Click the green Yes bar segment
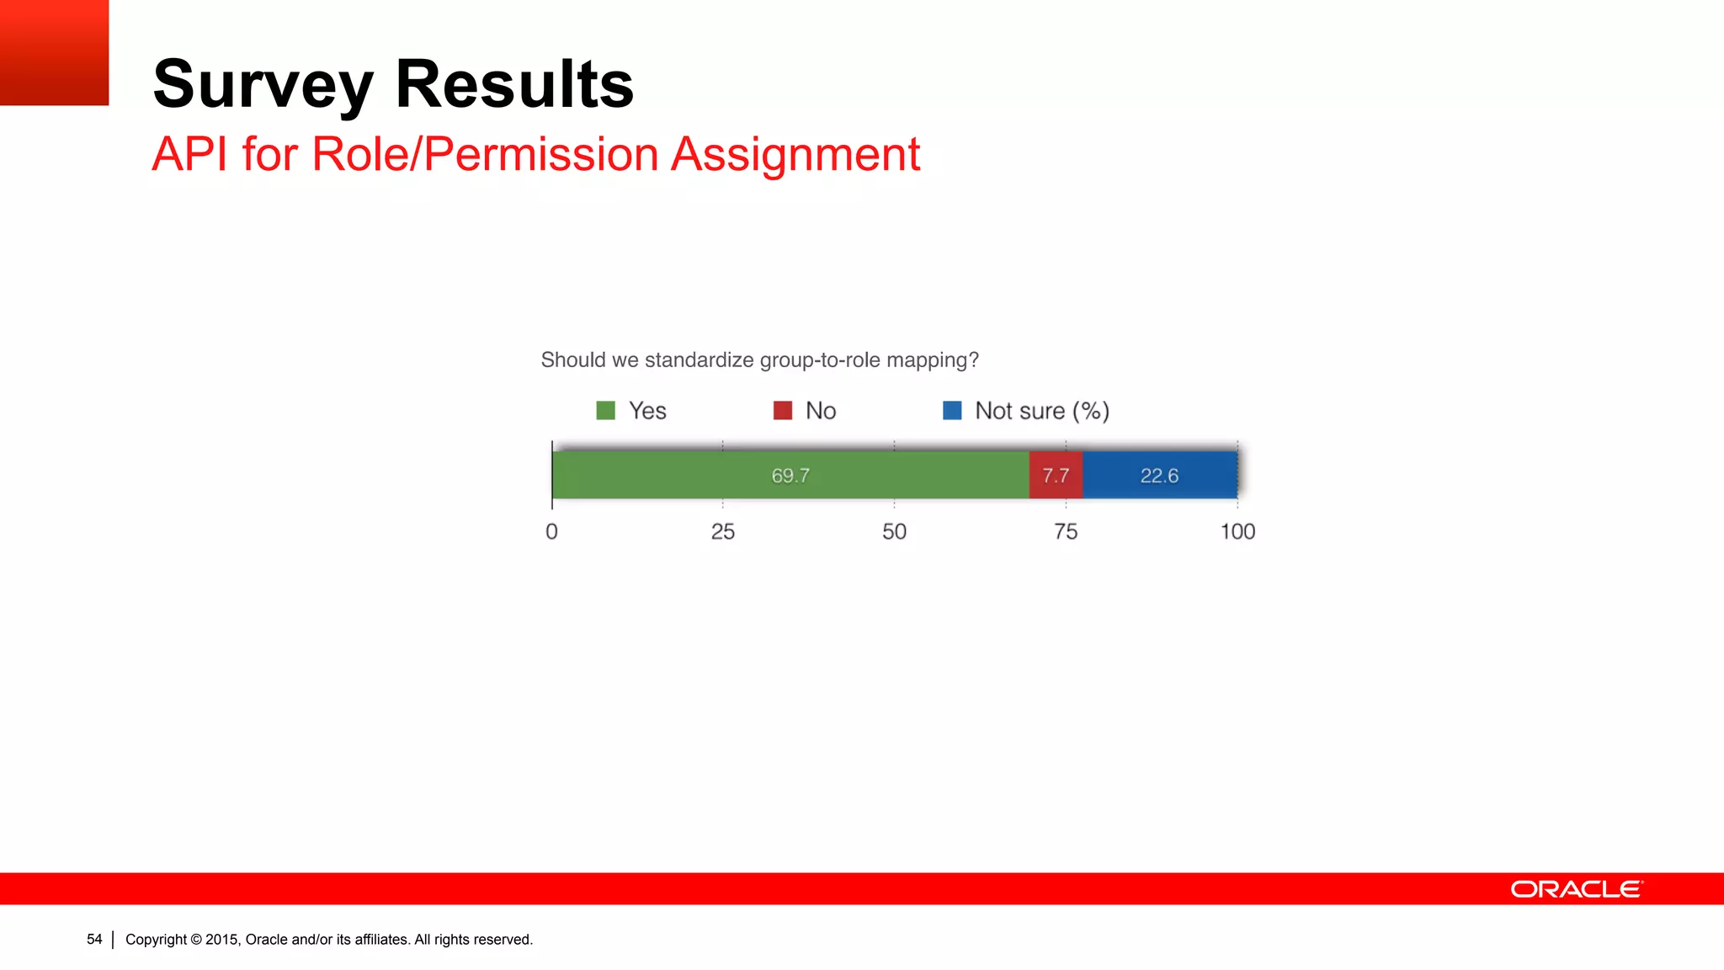click(673, 476)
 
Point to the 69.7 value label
click(790, 476)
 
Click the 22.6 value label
click(1159, 476)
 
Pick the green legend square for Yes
click(605, 411)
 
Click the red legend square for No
click(783, 411)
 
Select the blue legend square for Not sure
click(952, 411)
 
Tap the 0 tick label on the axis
click(551, 532)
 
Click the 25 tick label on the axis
click(722, 532)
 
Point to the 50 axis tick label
click(894, 532)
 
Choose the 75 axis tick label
click(1066, 532)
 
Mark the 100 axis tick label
click(1237, 532)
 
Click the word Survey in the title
click(263, 86)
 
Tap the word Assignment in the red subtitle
click(795, 155)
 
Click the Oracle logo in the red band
click(1576, 889)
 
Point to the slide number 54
click(94, 939)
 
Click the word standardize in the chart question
click(699, 360)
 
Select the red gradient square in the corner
click(54, 52)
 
